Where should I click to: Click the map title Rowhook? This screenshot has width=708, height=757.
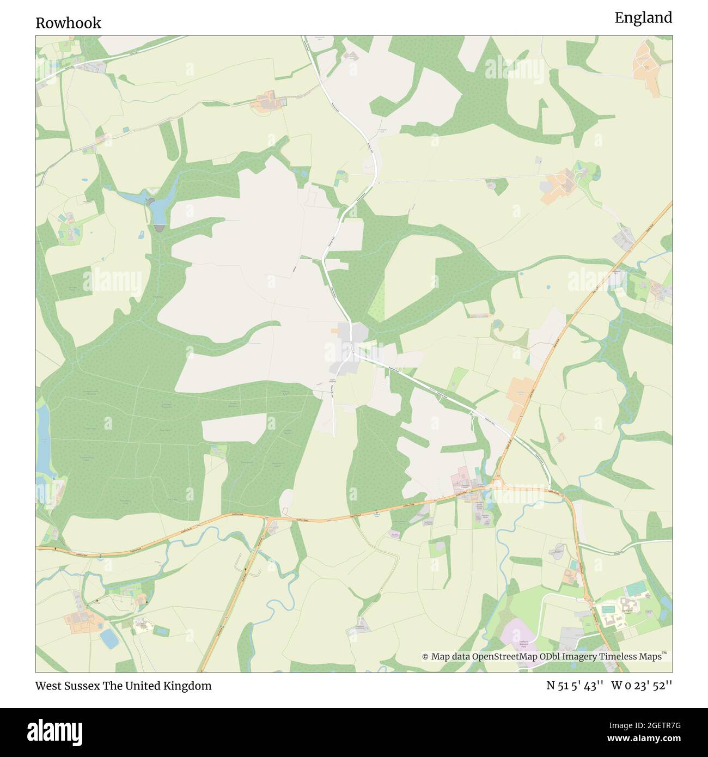tap(69, 23)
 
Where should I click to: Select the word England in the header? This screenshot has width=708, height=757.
tap(643, 18)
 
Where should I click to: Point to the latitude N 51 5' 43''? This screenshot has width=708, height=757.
tap(575, 686)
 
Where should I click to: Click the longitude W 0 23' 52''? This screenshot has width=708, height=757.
tap(642, 686)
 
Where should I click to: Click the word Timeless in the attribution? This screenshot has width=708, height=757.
tap(619, 657)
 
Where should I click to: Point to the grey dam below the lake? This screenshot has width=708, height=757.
tap(158, 229)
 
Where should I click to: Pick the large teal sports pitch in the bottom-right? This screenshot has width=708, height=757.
tap(634, 589)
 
